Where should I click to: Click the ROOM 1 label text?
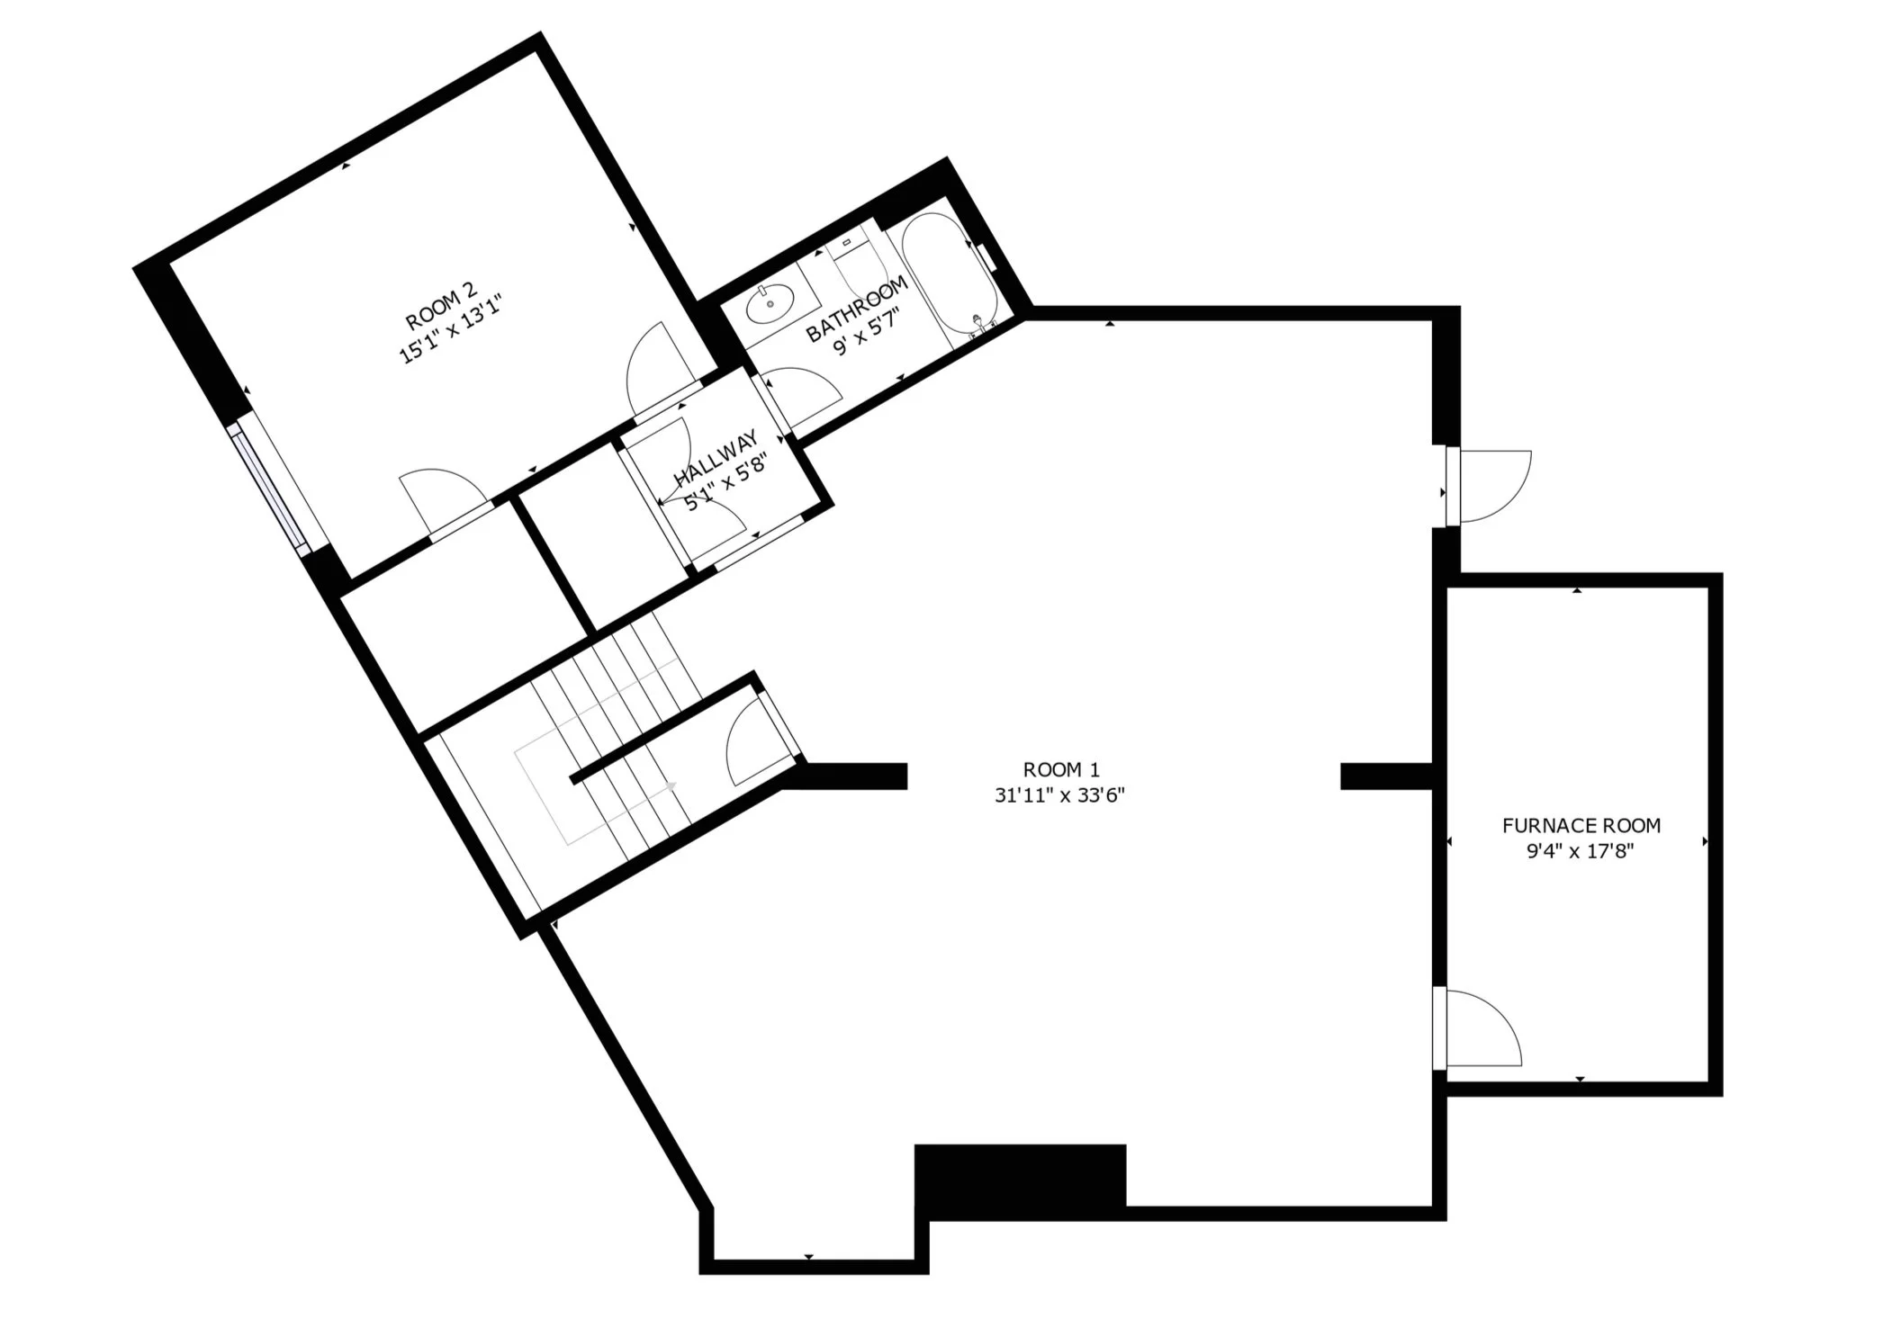(x=1060, y=770)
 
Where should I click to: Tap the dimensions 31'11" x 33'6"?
(x=1060, y=795)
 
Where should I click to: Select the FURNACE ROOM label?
(x=1581, y=825)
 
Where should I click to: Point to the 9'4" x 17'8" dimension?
(x=1580, y=851)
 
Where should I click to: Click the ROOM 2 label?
(x=440, y=307)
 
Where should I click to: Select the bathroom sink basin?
(x=772, y=303)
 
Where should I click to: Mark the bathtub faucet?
(x=978, y=322)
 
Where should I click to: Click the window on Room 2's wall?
(x=269, y=485)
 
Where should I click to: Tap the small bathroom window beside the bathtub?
(x=987, y=256)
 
